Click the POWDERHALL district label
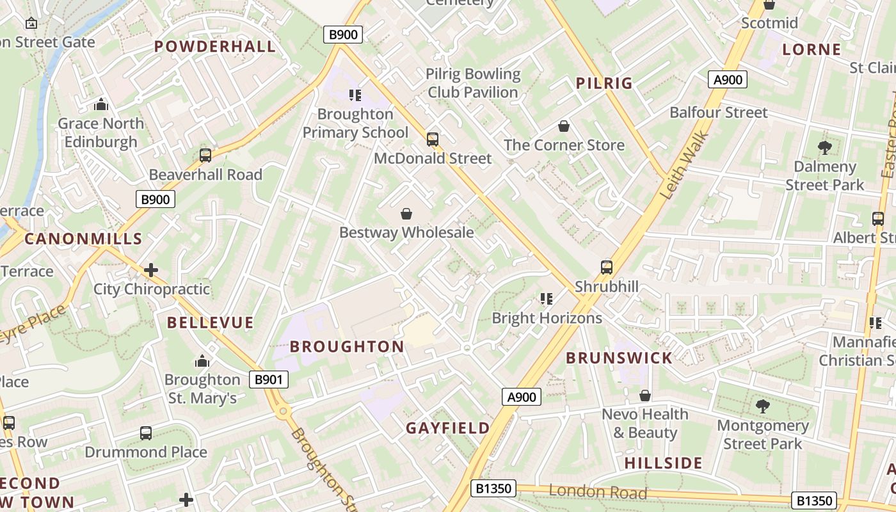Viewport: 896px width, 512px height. tap(215, 46)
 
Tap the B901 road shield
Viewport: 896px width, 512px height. tap(268, 380)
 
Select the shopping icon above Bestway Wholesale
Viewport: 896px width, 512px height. tap(406, 214)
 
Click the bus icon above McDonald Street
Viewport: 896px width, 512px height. tap(433, 139)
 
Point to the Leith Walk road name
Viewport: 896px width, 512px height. tap(684, 165)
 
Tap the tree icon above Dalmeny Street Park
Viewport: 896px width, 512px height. tap(824, 148)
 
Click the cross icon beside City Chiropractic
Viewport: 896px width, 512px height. tap(151, 270)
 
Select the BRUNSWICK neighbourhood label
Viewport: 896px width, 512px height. tap(619, 358)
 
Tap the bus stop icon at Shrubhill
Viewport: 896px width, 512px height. tap(606, 267)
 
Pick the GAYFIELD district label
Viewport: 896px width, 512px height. tap(448, 428)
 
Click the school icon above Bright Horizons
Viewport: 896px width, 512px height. tap(546, 299)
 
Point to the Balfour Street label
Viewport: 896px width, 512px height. tap(718, 113)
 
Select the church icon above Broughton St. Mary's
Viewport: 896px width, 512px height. tap(202, 361)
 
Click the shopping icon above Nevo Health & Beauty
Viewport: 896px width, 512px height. tap(645, 396)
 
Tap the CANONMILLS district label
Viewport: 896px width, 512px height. tap(83, 239)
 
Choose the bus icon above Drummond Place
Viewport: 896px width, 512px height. tap(146, 433)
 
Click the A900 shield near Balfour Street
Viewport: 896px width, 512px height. tap(728, 79)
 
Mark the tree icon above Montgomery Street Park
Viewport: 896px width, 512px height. tap(762, 406)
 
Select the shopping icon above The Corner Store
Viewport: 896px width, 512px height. tap(564, 126)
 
